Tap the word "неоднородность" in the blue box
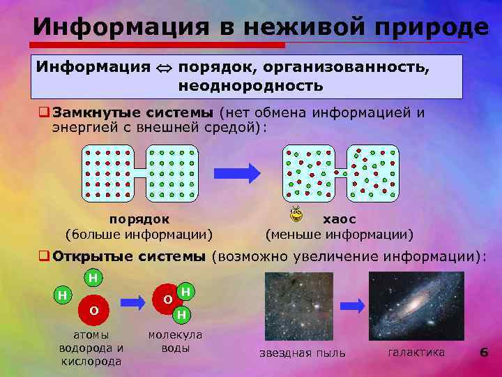(250, 86)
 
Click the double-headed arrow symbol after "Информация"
(164, 68)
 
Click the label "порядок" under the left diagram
(139, 219)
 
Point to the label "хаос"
(340, 219)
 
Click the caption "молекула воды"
(174, 341)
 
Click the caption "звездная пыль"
(302, 353)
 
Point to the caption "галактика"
(416, 352)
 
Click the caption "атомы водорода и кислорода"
(91, 348)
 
